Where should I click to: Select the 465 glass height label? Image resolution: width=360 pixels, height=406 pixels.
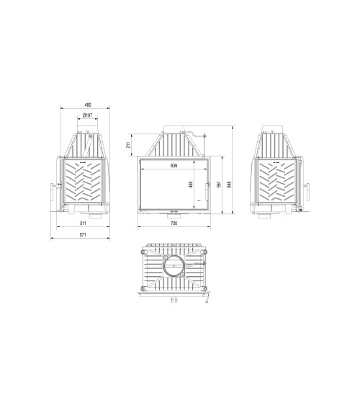pyautogui.click(x=192, y=185)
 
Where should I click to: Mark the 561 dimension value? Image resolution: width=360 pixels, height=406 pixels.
pyautogui.click(x=219, y=185)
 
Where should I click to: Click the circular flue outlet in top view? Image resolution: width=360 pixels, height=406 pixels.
pyautogui.click(x=174, y=268)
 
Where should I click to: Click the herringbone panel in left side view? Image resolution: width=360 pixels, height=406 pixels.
pyautogui.click(x=85, y=182)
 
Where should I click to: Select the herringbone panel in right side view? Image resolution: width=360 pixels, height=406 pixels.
pyautogui.click(x=276, y=182)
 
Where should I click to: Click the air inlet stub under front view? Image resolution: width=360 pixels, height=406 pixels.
pyautogui.click(x=174, y=216)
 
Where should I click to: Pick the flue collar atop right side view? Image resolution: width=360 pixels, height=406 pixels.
pyautogui.click(x=276, y=135)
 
